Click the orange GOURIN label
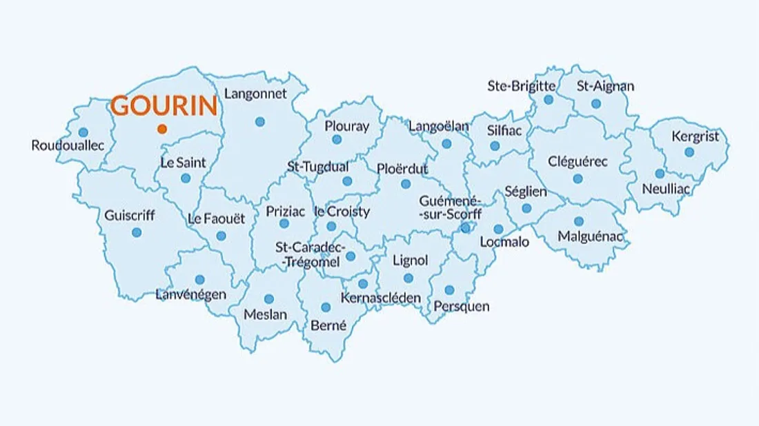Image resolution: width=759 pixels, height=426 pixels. click(164, 106)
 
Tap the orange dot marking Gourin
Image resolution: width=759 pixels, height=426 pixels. click(161, 129)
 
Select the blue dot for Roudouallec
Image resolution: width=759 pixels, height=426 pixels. click(83, 132)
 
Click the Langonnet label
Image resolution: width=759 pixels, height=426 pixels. click(256, 94)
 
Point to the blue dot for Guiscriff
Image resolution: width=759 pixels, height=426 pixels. click(136, 232)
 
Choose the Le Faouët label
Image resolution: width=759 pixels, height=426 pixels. click(217, 219)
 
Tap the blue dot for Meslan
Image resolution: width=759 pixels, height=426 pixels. click(269, 298)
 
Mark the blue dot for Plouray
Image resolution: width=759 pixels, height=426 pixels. click(337, 139)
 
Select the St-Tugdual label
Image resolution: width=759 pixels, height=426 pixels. click(318, 167)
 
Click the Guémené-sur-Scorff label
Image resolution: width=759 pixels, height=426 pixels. click(451, 207)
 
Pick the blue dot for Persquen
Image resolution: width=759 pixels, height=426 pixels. click(449, 290)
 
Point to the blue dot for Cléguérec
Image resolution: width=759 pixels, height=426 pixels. click(578, 179)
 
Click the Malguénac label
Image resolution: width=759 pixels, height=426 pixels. click(590, 237)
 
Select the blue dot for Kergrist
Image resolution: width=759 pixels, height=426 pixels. click(689, 152)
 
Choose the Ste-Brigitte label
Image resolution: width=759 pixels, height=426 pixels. click(522, 86)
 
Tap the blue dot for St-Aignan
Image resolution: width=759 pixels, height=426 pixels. click(596, 104)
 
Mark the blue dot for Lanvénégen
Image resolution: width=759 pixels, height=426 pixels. click(199, 280)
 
